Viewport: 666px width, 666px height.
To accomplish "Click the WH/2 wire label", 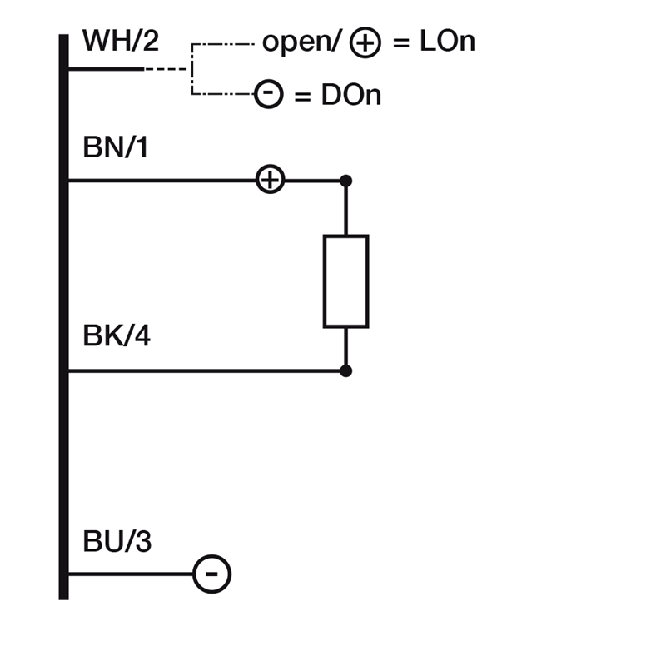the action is [121, 41].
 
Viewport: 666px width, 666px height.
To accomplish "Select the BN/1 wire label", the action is [116, 147].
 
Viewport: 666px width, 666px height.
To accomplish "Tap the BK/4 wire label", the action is [117, 335].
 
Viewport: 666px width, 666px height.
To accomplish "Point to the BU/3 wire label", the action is [117, 541].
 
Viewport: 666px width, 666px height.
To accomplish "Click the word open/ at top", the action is [302, 42].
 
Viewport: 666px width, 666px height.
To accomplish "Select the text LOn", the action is [447, 41].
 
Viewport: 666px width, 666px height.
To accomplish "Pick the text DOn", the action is [351, 95].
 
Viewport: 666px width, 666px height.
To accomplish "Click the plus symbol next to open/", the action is [365, 42].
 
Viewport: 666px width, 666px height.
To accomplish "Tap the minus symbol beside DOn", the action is [268, 93].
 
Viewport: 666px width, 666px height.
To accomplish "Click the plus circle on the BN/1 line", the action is [270, 179].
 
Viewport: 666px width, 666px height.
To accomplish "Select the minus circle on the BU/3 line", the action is [212, 574].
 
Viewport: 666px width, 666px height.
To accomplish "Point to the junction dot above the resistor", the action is [345, 181].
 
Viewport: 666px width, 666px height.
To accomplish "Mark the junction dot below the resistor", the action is [345, 371].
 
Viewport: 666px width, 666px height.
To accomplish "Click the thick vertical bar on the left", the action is [64, 317].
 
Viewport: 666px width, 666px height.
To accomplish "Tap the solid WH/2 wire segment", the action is [107, 69].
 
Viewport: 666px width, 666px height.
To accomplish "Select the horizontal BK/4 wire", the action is [206, 371].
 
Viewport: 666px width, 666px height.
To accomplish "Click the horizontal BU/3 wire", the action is [131, 574].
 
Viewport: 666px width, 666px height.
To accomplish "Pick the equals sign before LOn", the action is [401, 43].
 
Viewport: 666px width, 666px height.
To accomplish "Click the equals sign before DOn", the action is [302, 97].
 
